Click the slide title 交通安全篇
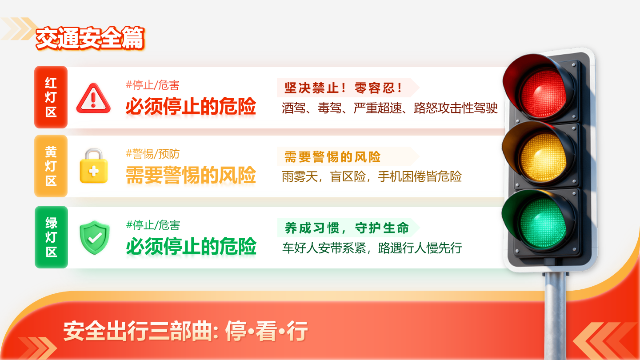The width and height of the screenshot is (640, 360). [90, 39]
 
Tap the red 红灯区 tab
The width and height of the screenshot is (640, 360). [51, 97]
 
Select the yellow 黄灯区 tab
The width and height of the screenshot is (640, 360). [51, 166]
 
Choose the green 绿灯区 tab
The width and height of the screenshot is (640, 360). [51, 237]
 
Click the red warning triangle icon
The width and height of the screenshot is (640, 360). [93, 98]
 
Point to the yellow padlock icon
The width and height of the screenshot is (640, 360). [94, 166]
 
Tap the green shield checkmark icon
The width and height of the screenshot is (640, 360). [94, 238]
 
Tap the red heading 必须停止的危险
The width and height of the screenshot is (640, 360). [191, 106]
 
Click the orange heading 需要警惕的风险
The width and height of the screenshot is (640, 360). [191, 175]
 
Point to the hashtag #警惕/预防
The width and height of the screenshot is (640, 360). [152, 154]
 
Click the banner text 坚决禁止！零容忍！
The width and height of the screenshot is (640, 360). [343, 88]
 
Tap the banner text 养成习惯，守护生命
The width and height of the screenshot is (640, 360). [347, 228]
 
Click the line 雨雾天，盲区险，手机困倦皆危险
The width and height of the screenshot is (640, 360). [372, 176]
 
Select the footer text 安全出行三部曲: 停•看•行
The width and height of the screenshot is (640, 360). [185, 332]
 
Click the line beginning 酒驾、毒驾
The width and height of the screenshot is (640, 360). [389, 108]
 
